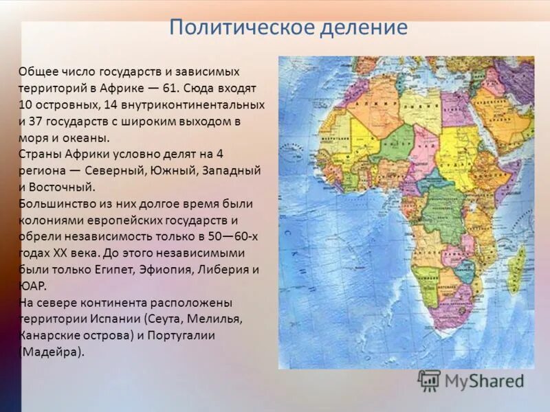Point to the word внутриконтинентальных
[206, 105]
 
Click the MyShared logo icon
[430, 380]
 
